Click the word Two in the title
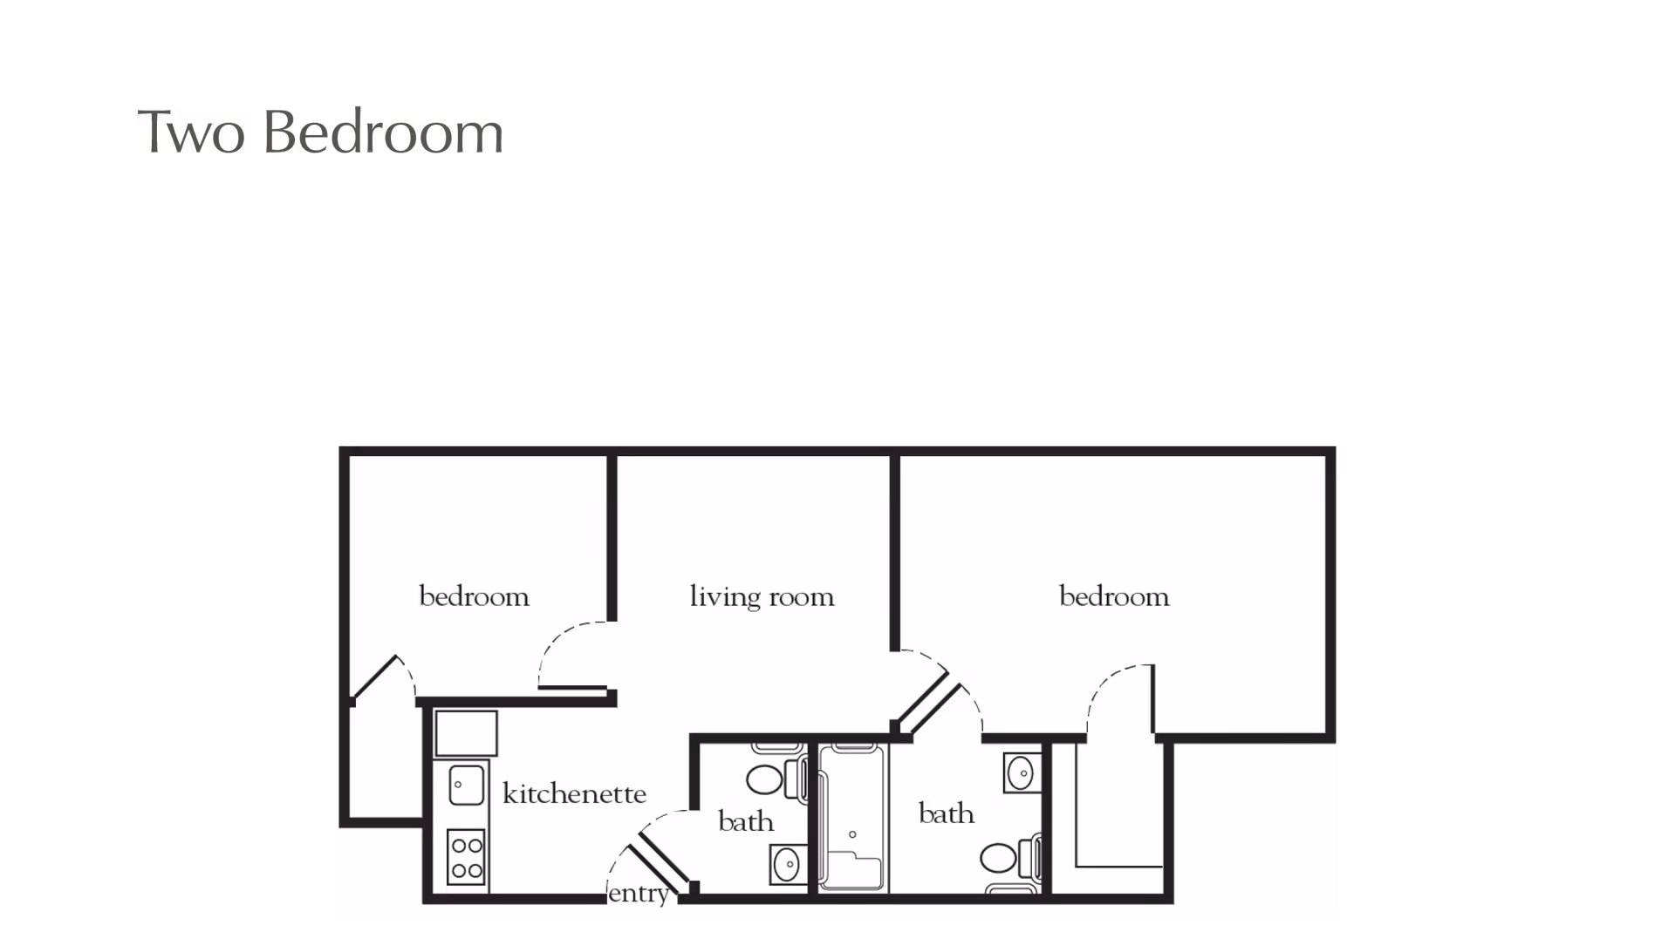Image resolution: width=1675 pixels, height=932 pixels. [x=190, y=133]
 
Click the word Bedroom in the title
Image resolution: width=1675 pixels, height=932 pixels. [x=382, y=133]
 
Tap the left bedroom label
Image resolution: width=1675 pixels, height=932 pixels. [x=474, y=597]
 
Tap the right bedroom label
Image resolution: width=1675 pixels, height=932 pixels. [x=1114, y=597]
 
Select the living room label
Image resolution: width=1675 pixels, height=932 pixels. [x=762, y=597]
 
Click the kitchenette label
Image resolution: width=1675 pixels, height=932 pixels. [x=574, y=794]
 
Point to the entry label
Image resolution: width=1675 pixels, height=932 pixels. [x=639, y=894]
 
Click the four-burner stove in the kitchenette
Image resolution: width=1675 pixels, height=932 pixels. [x=467, y=857]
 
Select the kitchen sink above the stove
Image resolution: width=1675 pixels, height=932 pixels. [x=467, y=785]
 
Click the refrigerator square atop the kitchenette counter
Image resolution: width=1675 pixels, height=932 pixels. [x=467, y=733]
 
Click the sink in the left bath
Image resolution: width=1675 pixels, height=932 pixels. [x=787, y=865]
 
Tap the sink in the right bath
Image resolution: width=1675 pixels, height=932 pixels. [x=1021, y=772]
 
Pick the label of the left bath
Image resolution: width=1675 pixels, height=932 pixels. [x=746, y=821]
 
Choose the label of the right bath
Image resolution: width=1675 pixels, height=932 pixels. [x=947, y=813]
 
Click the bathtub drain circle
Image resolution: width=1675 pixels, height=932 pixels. [x=852, y=834]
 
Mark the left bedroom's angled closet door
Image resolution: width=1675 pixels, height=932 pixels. [x=375, y=677]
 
